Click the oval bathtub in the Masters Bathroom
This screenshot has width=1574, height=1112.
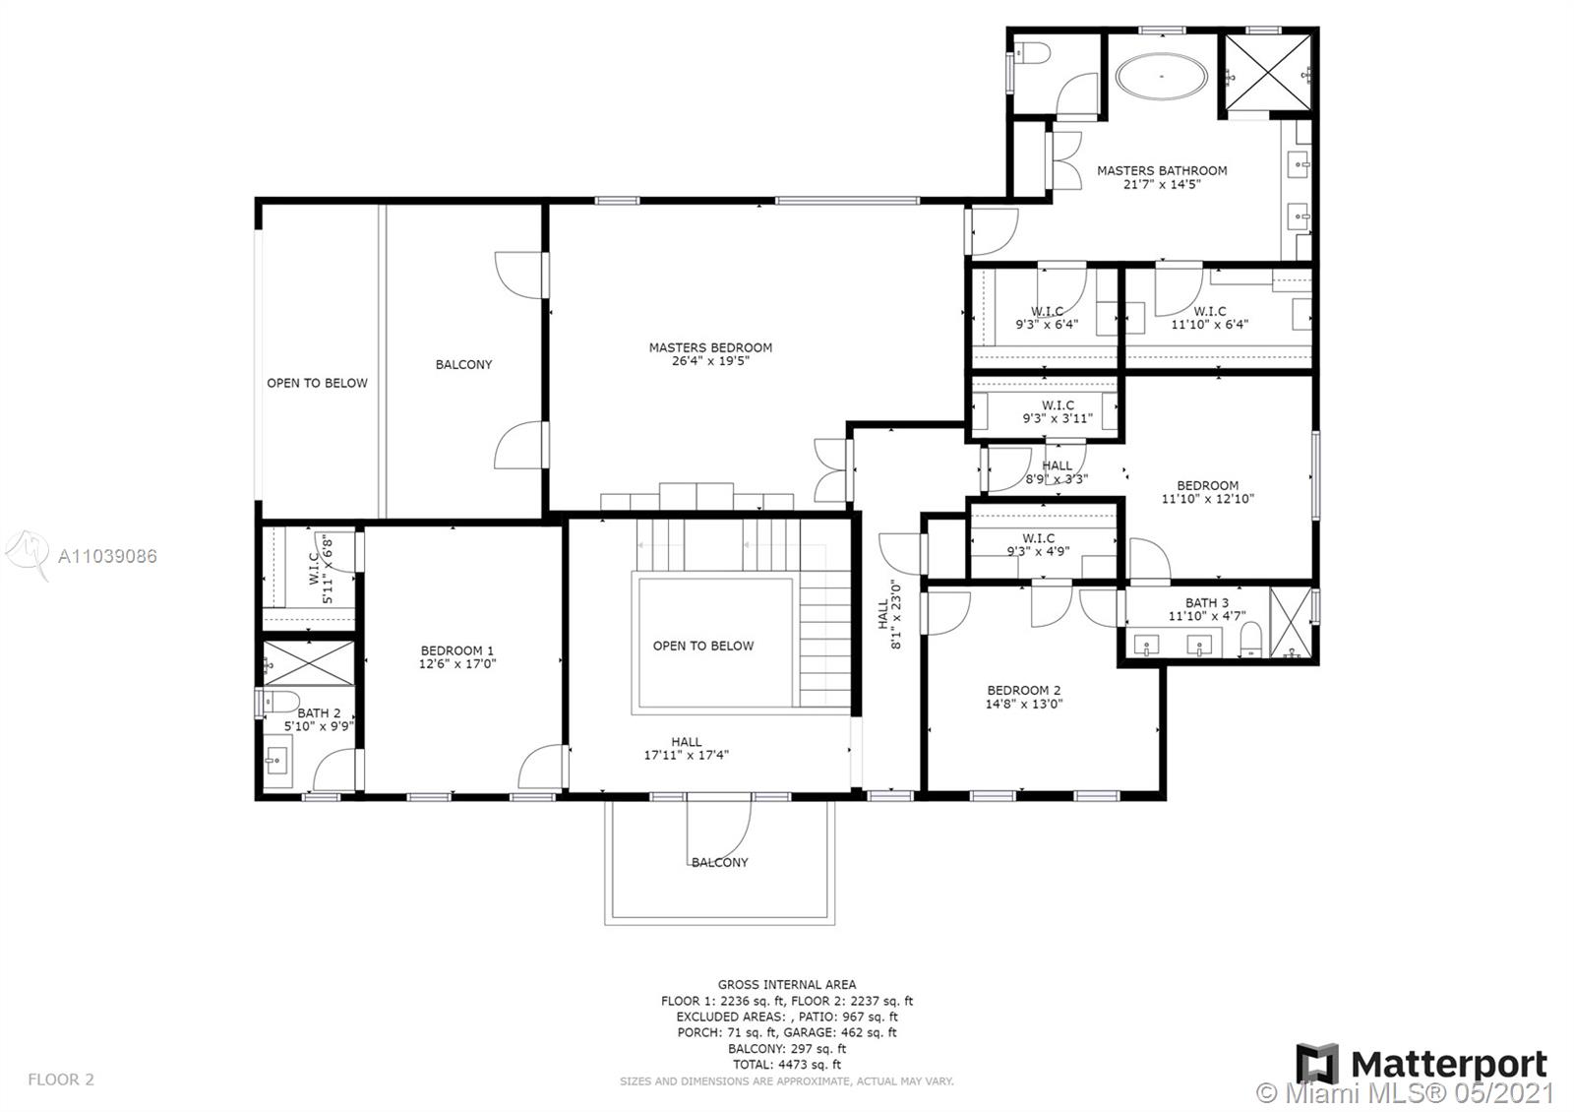point(1162,76)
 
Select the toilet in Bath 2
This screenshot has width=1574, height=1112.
point(278,702)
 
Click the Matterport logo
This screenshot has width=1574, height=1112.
point(1422,1064)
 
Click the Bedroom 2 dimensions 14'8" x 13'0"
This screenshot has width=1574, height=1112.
point(1024,704)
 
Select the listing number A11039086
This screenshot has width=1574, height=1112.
point(107,556)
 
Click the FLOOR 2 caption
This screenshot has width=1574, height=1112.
point(61,1080)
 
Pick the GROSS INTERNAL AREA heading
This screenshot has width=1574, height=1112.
point(787,985)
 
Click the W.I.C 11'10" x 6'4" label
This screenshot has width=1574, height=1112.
point(1209,318)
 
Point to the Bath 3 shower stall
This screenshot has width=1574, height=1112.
point(1291,623)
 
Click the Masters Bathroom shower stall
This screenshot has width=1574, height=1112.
point(1268,73)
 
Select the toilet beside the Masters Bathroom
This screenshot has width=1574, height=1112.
point(1033,53)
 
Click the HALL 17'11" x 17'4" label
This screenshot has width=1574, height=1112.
point(687,749)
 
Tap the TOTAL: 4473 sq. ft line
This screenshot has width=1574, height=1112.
point(787,1065)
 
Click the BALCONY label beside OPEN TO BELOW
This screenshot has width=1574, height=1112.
point(463,365)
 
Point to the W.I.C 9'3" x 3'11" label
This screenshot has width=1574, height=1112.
point(1058,412)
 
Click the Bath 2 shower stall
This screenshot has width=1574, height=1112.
point(309,663)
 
